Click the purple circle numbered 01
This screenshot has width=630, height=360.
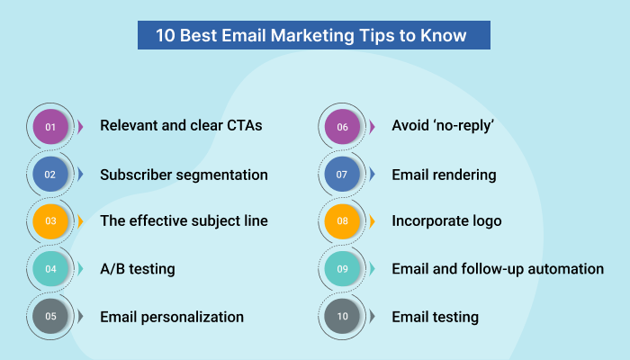pyautogui.click(x=50, y=127)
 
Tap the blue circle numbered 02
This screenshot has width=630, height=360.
pyautogui.click(x=50, y=174)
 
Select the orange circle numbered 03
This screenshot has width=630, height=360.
pyautogui.click(x=50, y=221)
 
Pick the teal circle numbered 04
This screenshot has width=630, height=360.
pyautogui.click(x=50, y=269)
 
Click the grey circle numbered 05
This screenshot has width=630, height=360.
pyautogui.click(x=50, y=316)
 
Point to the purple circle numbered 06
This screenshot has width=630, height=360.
pyautogui.click(x=342, y=127)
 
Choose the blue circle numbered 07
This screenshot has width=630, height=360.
pyautogui.click(x=342, y=174)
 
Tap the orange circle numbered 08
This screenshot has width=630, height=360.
pyautogui.click(x=342, y=221)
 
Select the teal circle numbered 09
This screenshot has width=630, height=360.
pyautogui.click(x=342, y=269)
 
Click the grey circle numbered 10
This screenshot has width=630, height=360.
pyautogui.click(x=342, y=316)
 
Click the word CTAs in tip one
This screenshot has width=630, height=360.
pyautogui.click(x=240, y=126)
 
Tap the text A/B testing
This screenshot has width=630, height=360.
pyautogui.click(x=137, y=269)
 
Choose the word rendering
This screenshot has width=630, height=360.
pyautogui.click(x=464, y=174)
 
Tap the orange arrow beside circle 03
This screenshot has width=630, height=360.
pyautogui.click(x=80, y=221)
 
